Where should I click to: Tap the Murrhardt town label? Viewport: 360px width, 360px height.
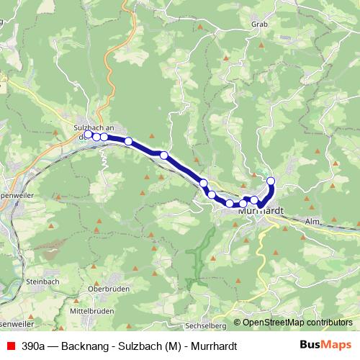click(261, 212)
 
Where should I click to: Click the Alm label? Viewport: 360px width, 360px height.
click(312, 222)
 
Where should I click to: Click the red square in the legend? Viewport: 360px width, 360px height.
click(10, 346)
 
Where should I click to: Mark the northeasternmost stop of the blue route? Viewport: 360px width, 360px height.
click(271, 181)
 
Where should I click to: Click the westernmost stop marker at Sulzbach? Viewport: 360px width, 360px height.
click(88, 134)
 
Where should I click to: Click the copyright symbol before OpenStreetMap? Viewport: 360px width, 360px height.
click(237, 323)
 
